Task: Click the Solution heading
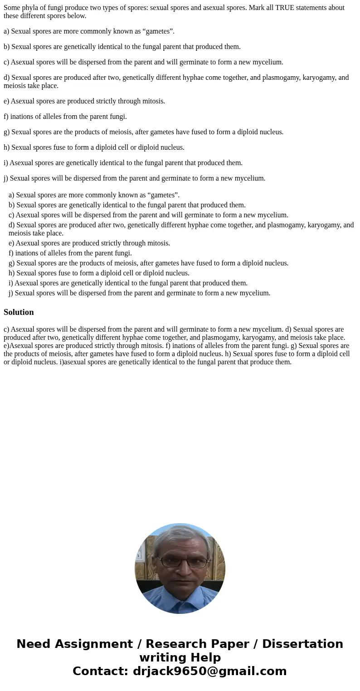point(19,312)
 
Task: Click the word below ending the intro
point(77,16)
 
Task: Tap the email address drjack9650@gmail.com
point(209,671)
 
